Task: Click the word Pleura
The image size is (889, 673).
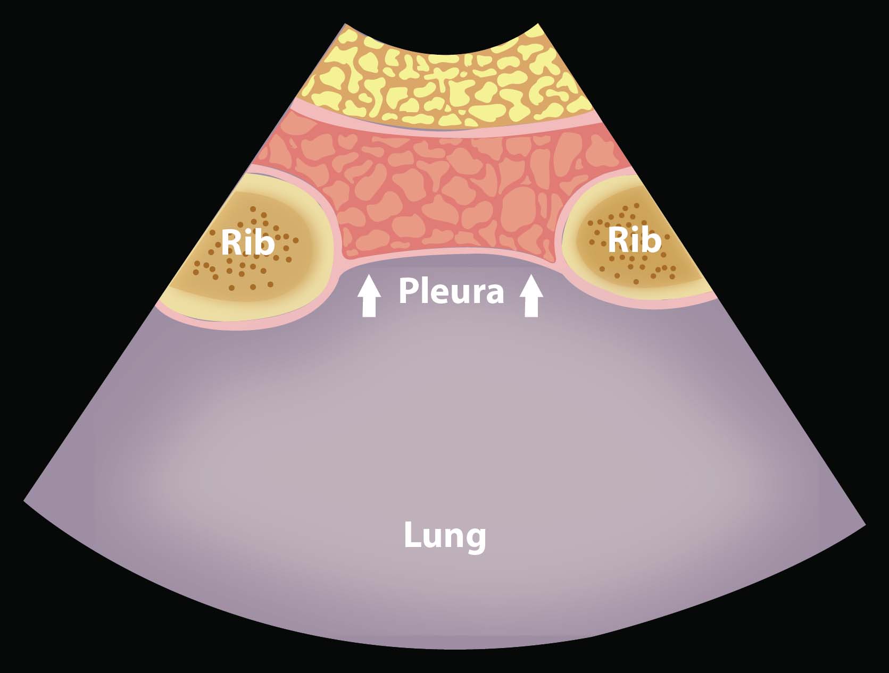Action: tap(451, 291)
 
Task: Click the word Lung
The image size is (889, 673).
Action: tap(445, 536)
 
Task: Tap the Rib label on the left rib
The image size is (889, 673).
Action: tap(247, 242)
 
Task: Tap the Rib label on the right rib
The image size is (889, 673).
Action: tap(634, 240)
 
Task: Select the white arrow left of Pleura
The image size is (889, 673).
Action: tap(369, 296)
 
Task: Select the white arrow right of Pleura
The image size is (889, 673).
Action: tap(531, 296)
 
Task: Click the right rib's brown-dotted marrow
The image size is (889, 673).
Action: tap(628, 266)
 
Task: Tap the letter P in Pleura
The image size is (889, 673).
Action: tap(408, 291)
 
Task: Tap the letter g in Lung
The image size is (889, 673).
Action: tap(476, 538)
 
